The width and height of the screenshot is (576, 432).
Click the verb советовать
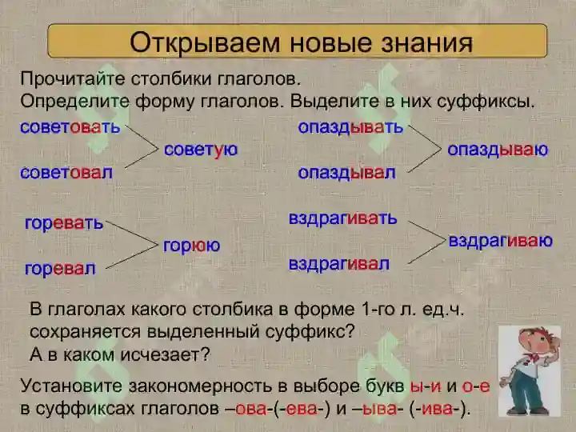pyautogui.click(x=70, y=127)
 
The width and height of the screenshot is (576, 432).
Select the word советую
pyautogui.click(x=201, y=150)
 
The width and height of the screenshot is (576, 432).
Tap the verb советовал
pyautogui.click(x=66, y=173)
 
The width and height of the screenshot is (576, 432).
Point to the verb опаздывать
pyautogui.click(x=350, y=127)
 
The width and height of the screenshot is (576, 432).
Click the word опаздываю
pyautogui.click(x=498, y=150)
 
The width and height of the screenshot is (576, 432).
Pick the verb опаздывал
pyautogui.click(x=346, y=173)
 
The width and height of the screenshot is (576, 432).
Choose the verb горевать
pyautogui.click(x=64, y=223)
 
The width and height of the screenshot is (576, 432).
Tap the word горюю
pyautogui.click(x=191, y=246)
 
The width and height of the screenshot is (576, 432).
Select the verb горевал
pyautogui.click(x=60, y=269)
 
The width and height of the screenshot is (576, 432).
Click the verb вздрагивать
pyautogui.click(x=342, y=218)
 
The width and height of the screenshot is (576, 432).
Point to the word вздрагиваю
pyautogui.click(x=500, y=242)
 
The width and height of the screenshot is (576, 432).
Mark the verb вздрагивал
pyautogui.click(x=338, y=264)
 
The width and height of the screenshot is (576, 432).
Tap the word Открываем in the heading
pyautogui.click(x=205, y=43)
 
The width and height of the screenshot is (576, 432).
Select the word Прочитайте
pyautogui.click(x=71, y=79)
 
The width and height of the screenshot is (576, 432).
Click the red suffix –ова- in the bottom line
pyautogui.click(x=251, y=409)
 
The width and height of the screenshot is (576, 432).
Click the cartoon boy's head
pyautogui.click(x=534, y=343)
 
